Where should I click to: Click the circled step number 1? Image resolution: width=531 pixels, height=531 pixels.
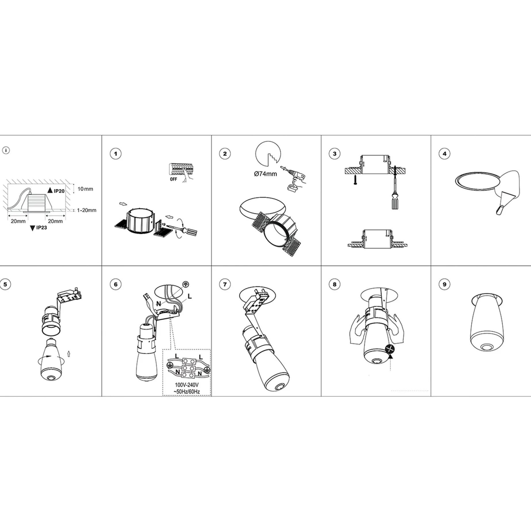click(x=116, y=154)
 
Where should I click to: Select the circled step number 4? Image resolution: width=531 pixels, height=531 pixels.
click(x=445, y=154)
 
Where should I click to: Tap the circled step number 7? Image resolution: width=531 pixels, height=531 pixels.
click(x=225, y=284)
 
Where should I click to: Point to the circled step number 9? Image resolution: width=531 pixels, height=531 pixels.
click(x=445, y=284)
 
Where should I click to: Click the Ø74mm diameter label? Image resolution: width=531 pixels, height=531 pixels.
click(x=265, y=174)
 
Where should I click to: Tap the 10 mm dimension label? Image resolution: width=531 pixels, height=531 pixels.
click(x=85, y=189)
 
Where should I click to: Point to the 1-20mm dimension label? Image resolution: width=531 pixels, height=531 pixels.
click(x=86, y=210)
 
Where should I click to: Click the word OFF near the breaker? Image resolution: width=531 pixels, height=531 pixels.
click(x=174, y=179)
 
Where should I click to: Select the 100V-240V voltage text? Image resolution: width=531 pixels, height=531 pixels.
click(x=187, y=385)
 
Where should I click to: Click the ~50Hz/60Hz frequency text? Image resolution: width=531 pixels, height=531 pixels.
click(x=187, y=392)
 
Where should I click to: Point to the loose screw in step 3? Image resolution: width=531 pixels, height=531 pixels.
click(x=355, y=179)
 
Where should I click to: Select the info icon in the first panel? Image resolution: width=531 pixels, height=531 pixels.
click(x=6, y=150)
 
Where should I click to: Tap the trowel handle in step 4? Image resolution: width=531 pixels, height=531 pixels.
click(x=499, y=210)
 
